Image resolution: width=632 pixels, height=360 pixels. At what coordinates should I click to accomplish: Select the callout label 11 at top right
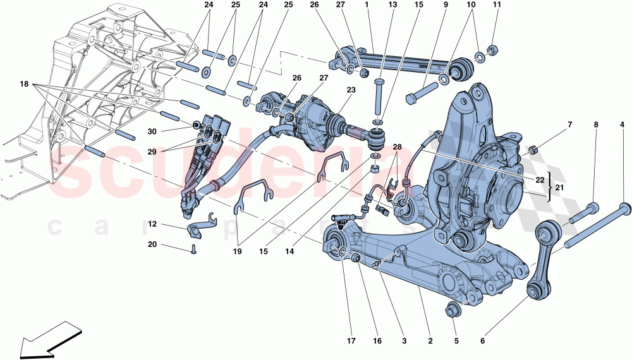pyautogui.click(x=496, y=6)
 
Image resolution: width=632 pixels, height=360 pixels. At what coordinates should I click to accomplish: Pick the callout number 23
pyautogui.click(x=351, y=90)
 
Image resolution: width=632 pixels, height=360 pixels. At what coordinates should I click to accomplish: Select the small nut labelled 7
pyautogui.click(x=532, y=150)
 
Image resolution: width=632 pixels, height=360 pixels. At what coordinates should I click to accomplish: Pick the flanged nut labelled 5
pyautogui.click(x=453, y=309)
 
